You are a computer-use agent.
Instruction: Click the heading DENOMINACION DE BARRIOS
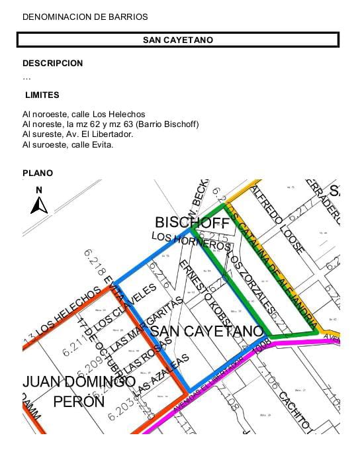point(85,17)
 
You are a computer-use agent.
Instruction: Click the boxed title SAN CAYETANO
point(178,40)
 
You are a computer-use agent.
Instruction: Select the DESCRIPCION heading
point(53,64)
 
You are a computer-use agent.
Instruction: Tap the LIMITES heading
point(42,95)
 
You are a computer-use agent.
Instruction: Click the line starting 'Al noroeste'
point(83,114)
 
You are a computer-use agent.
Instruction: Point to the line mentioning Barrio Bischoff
point(111,124)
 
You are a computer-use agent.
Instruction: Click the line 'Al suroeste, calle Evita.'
point(67,144)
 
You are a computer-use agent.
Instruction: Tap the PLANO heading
point(38,173)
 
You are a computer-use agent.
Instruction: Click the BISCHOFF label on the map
point(192,222)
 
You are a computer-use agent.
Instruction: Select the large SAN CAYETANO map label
point(206,330)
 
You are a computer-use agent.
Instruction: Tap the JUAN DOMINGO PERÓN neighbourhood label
point(79,391)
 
